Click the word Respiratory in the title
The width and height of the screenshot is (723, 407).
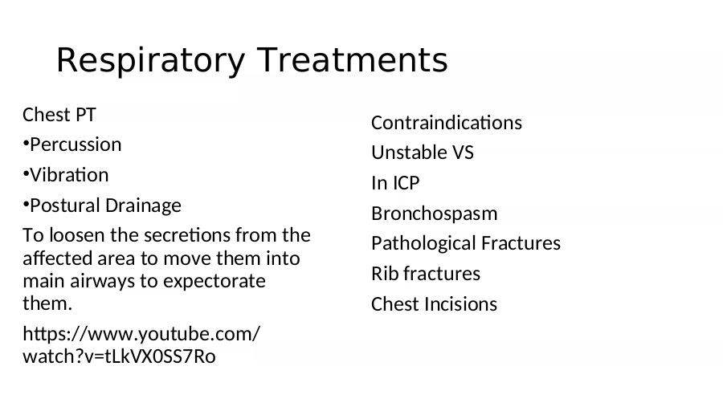(150, 60)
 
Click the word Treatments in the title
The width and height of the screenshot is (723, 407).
(353, 59)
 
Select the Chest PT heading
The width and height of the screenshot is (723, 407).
(59, 115)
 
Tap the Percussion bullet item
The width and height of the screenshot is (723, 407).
(72, 144)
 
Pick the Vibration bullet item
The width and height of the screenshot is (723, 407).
(66, 175)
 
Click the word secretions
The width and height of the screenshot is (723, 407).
(188, 235)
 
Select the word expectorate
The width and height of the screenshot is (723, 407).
(214, 282)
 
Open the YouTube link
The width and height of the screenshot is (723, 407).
(141, 344)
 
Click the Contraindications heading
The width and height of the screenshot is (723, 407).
(447, 123)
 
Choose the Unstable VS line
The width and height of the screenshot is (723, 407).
(423, 153)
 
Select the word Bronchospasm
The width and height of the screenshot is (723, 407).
(435, 214)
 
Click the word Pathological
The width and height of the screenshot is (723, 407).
(428, 243)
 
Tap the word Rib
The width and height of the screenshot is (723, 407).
(385, 274)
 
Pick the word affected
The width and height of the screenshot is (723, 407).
(58, 258)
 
